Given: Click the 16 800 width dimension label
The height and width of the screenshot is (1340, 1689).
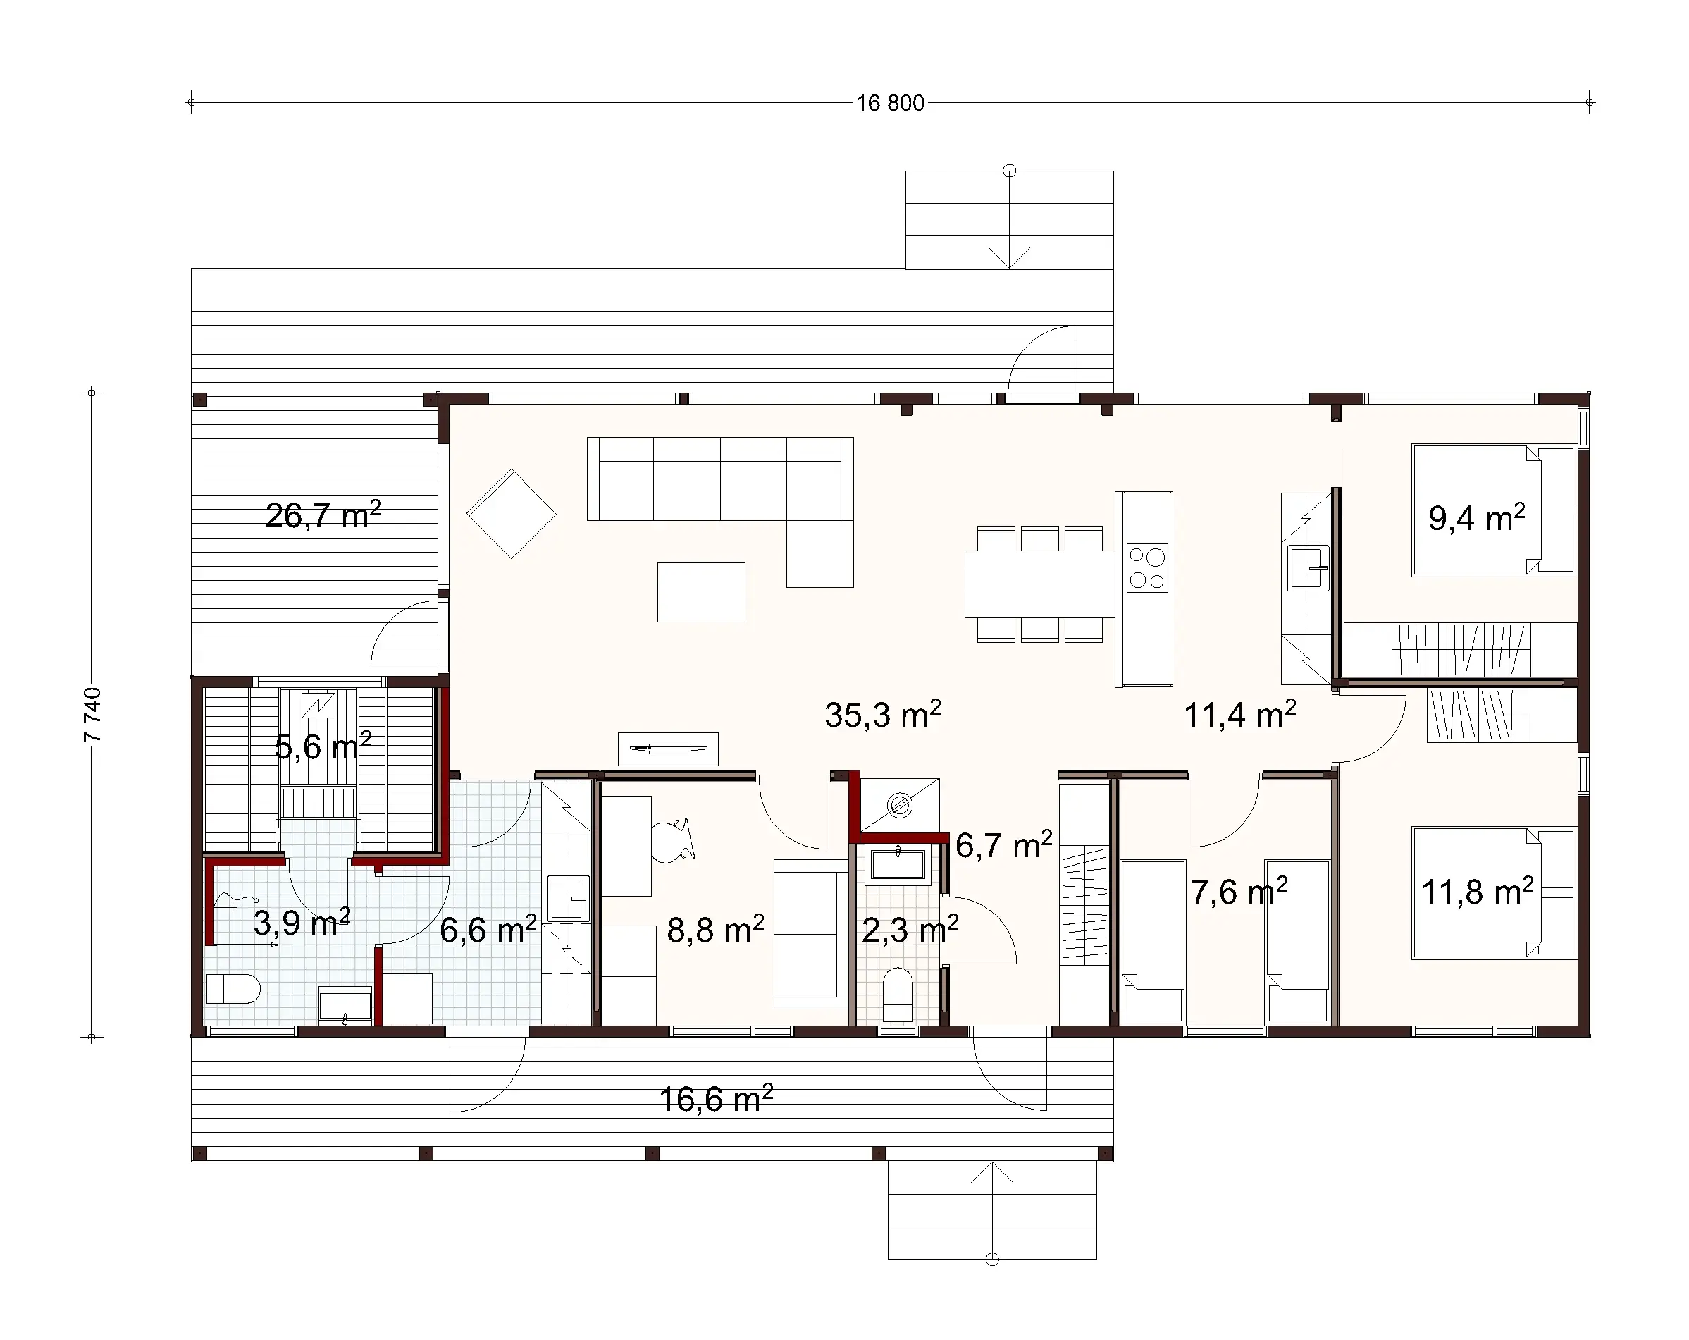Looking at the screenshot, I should [890, 104].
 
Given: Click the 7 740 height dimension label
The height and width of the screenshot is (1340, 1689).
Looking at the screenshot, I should [92, 714].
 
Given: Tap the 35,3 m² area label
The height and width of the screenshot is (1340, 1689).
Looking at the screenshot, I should [882, 715].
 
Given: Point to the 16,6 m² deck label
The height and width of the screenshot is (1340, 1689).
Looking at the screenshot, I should [715, 1099].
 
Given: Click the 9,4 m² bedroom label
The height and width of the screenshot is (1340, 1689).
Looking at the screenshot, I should [1476, 518].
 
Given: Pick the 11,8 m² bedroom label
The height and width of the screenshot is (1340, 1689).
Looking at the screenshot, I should [1477, 892].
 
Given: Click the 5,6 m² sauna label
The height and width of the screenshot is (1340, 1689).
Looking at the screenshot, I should [322, 746].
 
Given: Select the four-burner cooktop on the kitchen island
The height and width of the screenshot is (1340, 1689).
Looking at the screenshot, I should [1147, 568].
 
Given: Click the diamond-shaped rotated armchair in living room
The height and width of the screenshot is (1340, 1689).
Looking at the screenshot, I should [512, 514].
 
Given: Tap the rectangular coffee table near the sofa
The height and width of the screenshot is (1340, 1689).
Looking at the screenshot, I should [701, 591].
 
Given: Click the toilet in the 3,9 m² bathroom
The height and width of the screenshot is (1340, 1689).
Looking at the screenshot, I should [232, 989].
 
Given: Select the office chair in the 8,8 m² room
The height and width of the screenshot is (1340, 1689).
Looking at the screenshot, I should [672, 840].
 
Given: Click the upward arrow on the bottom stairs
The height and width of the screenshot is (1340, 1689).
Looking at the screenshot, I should [992, 1173].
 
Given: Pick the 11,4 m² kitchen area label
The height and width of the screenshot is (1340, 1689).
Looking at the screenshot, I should [1239, 715].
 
